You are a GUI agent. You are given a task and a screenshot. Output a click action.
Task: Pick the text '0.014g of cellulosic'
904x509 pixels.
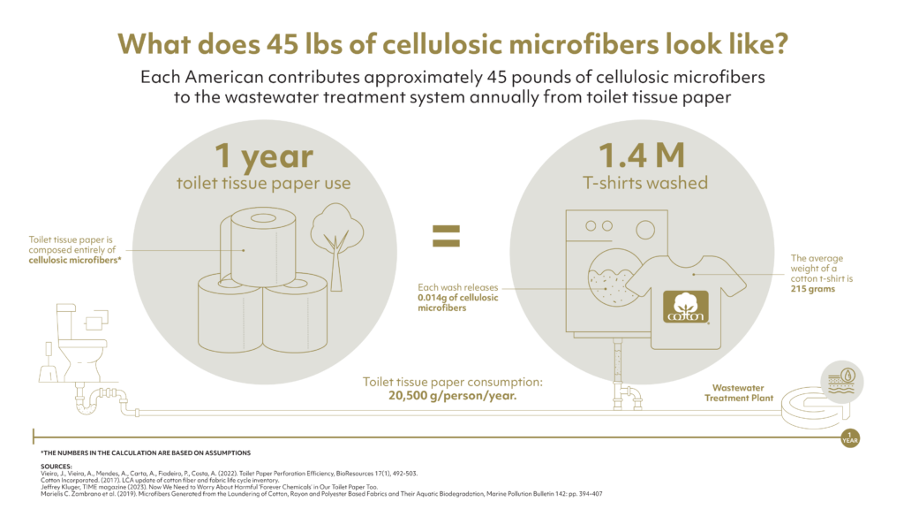(456, 298)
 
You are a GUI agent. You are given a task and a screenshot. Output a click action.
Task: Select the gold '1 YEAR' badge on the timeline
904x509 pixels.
(849, 436)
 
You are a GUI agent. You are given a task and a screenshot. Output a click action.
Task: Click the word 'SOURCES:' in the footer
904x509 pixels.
(56, 466)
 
